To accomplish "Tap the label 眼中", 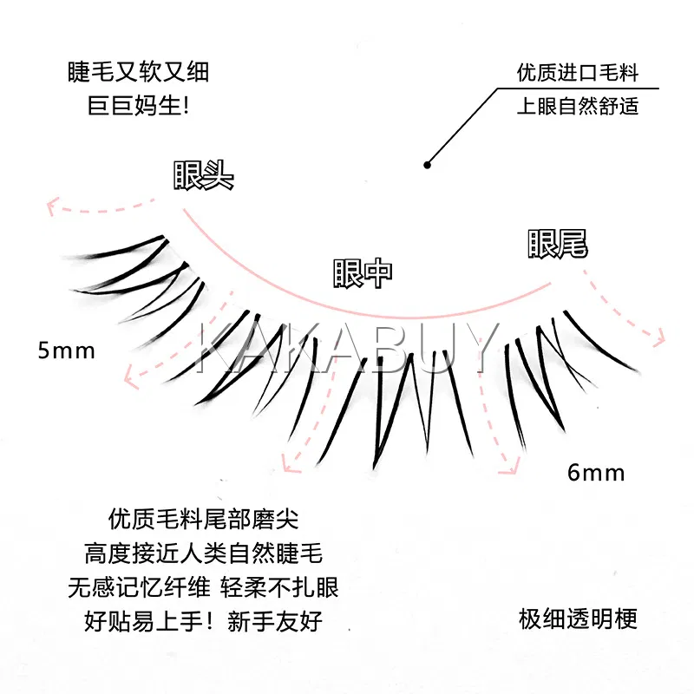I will [363, 272].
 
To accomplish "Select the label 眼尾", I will [558, 244].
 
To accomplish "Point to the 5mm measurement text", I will [66, 350].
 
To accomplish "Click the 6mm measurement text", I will [596, 473].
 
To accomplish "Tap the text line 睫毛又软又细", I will [138, 72].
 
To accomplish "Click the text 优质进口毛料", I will [577, 72].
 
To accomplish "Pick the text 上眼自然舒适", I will [577, 107].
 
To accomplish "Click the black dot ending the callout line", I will [427, 164].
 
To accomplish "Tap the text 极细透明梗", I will [578, 619].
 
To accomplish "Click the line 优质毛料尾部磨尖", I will [204, 520].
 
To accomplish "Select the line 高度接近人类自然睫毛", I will [204, 553].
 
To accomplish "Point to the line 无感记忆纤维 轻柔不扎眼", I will [204, 587].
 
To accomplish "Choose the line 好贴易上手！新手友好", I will [204, 620].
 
